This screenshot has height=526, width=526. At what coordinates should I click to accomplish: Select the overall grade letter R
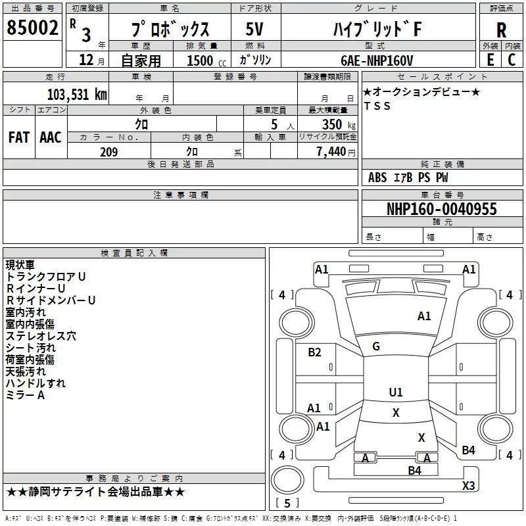point(501,30)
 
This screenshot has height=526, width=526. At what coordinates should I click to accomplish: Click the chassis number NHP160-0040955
point(441,210)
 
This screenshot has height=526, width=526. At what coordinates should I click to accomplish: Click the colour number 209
point(109,152)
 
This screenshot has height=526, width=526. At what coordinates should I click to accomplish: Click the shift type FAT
point(19,137)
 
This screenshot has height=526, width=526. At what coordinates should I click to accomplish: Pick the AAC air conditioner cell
point(51,137)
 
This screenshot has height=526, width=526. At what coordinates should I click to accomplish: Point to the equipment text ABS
point(377,178)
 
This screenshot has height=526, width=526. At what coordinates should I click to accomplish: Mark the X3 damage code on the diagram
point(468,485)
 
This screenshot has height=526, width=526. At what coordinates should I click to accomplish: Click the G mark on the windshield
point(376,347)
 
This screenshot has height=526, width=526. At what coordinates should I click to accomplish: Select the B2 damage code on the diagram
point(315,352)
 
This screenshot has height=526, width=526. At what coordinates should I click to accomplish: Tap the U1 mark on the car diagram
point(395,393)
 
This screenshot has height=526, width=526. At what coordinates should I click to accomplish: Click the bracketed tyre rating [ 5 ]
point(286,504)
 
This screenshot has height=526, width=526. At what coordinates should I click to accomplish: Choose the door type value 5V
point(254,30)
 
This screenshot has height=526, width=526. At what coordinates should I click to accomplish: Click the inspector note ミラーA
point(25,395)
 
